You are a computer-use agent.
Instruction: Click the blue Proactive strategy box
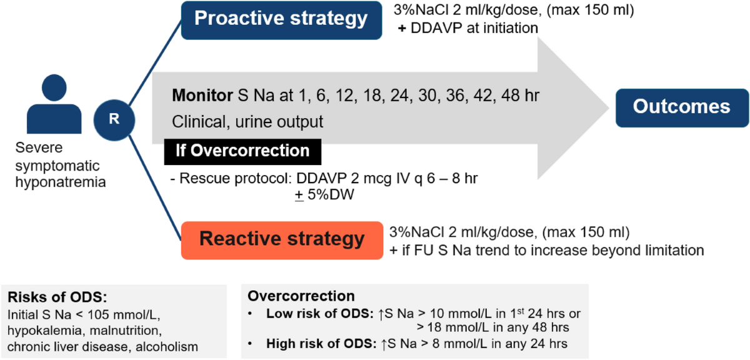281,21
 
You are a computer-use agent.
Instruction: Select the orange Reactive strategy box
282,240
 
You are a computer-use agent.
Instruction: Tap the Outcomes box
682,108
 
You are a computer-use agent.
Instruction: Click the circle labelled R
114,120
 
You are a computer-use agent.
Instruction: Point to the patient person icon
54,104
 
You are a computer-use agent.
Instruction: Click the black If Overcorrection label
242,152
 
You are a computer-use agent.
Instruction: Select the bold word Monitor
202,96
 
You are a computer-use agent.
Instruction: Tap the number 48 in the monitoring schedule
511,96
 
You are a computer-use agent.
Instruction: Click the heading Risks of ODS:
57,297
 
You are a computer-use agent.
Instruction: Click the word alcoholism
166,347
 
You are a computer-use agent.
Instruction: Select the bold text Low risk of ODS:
320,314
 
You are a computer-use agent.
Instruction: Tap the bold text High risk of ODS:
321,344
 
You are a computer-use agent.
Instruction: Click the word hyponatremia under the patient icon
61,182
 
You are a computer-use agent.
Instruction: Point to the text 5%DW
331,194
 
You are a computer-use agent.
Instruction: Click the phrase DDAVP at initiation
474,28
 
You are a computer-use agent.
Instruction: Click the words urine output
279,122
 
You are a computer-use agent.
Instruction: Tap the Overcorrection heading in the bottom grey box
301,296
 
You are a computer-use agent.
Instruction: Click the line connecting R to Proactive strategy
156,62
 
